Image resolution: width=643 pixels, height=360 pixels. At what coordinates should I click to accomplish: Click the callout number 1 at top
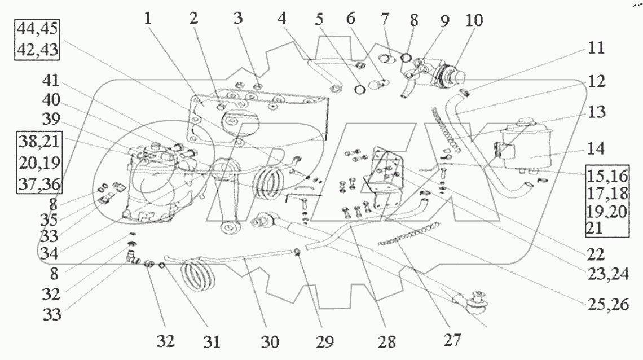148,18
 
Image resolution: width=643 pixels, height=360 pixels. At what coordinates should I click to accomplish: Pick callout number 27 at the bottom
452,340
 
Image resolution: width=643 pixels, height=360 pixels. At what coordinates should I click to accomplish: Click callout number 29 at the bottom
325,341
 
